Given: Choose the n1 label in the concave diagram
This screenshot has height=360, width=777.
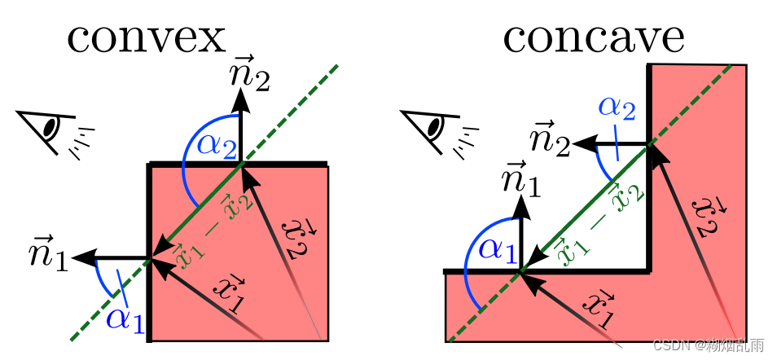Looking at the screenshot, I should (522, 181).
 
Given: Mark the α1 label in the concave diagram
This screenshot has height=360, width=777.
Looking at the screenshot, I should (496, 247).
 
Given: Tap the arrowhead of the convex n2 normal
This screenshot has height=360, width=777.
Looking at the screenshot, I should (240, 96).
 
